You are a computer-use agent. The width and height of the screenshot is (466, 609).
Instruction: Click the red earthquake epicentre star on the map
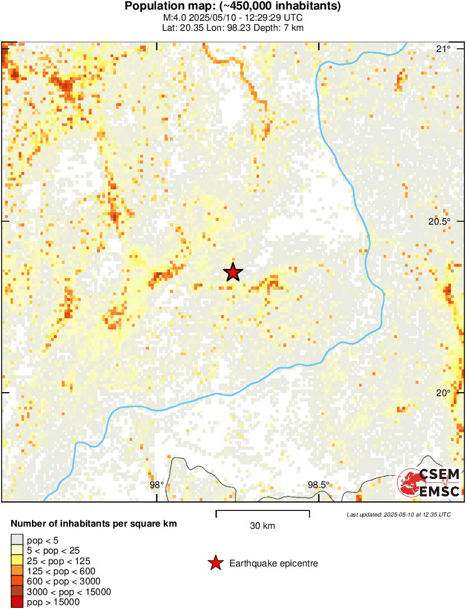pos(233,272)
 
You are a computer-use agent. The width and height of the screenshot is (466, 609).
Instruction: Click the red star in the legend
pos(215,563)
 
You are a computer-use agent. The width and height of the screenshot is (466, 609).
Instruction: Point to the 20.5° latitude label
pos(439,221)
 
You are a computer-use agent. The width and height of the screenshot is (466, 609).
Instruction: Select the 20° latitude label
pos(443,392)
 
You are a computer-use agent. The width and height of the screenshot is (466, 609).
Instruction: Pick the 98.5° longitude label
pos(319,485)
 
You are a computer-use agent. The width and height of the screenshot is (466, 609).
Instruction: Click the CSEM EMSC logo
pos(429,482)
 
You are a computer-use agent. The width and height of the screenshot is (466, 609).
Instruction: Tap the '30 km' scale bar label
pos(262,526)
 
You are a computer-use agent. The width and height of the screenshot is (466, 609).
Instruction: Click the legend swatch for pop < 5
pos(17,540)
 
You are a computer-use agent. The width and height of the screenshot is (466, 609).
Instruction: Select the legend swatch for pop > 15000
pos(17,602)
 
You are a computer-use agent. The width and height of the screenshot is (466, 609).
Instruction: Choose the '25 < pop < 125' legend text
pos(58,561)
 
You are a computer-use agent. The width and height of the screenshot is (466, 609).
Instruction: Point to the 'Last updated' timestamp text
pos(398,514)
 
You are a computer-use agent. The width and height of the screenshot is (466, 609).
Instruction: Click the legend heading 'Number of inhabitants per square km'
pos(94,524)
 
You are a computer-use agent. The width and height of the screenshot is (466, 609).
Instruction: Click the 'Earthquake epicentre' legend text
pos(274,563)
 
